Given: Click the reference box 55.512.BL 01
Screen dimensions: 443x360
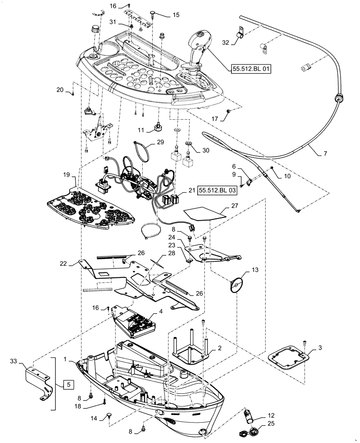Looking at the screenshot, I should pos(250,69).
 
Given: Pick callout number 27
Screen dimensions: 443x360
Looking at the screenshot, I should pos(235,206).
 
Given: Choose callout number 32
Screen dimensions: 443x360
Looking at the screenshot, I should pos(225,43).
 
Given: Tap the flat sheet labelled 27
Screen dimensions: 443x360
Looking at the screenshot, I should pos(202,214).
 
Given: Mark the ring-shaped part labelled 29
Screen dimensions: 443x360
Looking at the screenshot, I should pos(143,151).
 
